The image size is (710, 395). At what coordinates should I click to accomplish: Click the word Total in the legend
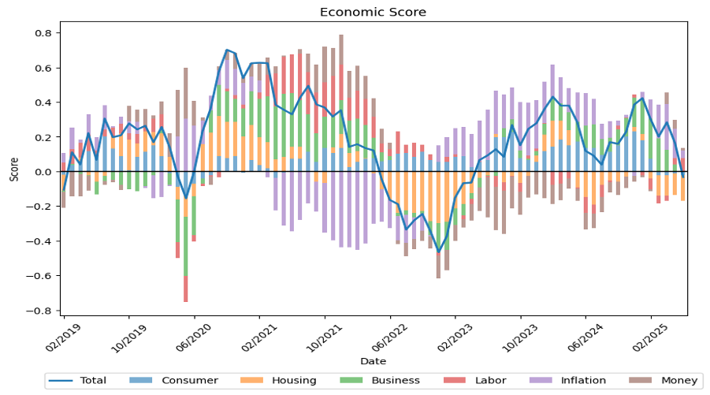tap(93, 381)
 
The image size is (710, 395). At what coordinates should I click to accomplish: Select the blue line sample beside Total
tap(60, 381)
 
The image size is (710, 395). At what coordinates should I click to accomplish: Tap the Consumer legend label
tap(189, 381)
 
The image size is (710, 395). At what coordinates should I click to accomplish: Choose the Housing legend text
tap(294, 381)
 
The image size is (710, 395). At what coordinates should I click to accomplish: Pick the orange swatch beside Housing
tap(251, 381)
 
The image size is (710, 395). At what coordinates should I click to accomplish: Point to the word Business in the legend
tap(396, 381)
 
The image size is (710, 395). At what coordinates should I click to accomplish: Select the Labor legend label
tap(490, 381)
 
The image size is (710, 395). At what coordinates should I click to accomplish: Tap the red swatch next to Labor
tap(455, 381)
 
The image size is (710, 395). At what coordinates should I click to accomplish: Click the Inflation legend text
tap(583, 381)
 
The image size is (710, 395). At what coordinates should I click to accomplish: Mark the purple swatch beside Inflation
tap(540, 381)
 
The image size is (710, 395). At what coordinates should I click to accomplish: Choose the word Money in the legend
tap(679, 381)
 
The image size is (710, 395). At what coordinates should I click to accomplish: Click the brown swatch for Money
tap(641, 381)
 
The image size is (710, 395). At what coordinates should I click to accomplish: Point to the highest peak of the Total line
tap(227, 50)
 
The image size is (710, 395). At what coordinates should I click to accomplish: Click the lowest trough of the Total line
tap(439, 251)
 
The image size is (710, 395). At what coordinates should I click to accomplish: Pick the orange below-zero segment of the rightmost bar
tap(683, 189)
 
